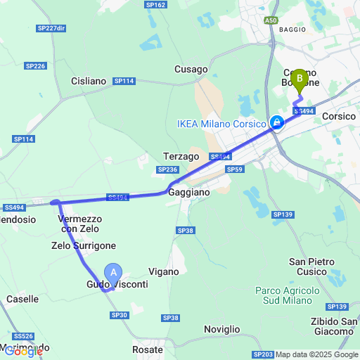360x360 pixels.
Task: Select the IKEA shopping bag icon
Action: pyautogui.click(x=278, y=123)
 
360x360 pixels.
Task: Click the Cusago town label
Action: pyautogui.click(x=191, y=70)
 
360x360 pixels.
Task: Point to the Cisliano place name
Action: pyautogui.click(x=89, y=81)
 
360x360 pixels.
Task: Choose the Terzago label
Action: pyautogui.click(x=183, y=155)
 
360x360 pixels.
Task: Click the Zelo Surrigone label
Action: pyautogui.click(x=84, y=245)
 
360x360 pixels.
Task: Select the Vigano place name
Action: pyautogui.click(x=164, y=271)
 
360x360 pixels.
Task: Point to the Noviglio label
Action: pyautogui.click(x=221, y=329)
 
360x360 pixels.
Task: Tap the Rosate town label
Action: pyautogui.click(x=148, y=349)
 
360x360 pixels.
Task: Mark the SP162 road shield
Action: pyautogui.click(x=155, y=5)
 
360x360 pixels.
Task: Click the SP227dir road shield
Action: pyautogui.click(x=51, y=28)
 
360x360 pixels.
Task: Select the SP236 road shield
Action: pyautogui.click(x=167, y=169)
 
